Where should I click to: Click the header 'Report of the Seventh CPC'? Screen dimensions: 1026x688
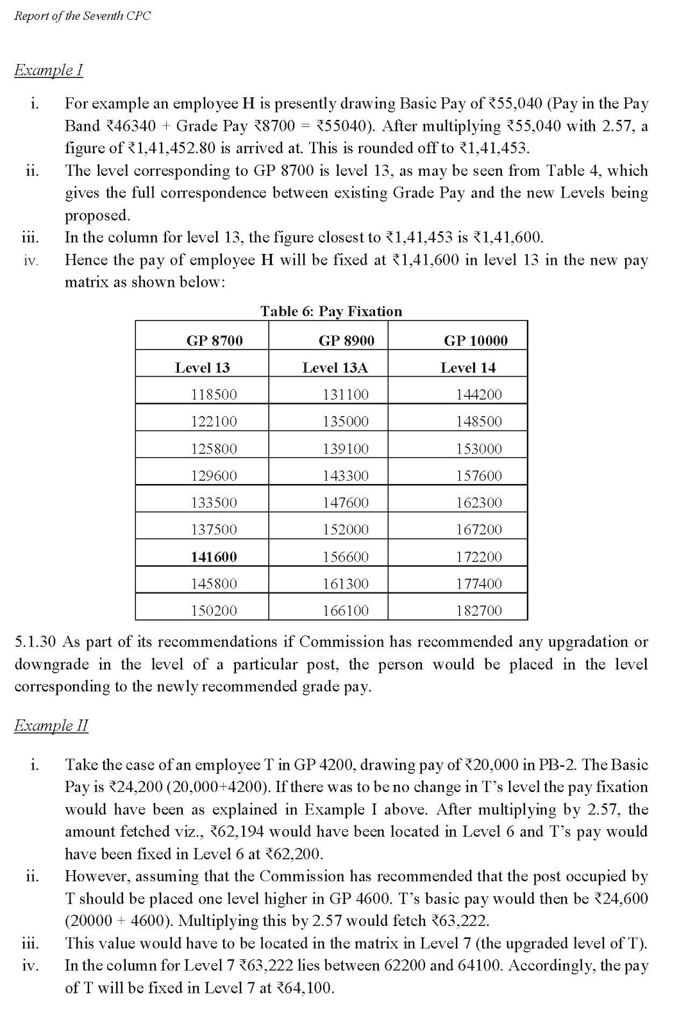(82, 16)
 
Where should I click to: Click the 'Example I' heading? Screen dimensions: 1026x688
(49, 69)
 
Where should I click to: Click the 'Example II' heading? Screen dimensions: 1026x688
(51, 725)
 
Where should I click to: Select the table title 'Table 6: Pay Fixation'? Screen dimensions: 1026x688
(331, 311)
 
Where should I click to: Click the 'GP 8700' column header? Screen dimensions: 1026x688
(214, 341)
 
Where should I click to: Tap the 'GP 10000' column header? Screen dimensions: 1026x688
(475, 341)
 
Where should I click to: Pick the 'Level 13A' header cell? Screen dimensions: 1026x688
(335, 367)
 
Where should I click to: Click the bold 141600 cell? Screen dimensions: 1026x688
(214, 557)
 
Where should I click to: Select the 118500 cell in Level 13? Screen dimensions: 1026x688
(214, 394)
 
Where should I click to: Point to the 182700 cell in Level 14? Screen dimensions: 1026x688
(478, 610)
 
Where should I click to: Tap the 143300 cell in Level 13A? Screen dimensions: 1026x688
(346, 476)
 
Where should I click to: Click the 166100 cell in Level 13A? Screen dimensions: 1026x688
(346, 610)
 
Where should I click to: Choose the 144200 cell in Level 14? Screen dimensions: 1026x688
(478, 394)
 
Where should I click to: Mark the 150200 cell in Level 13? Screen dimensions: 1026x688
(214, 610)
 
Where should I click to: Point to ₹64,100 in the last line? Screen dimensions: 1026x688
(303, 988)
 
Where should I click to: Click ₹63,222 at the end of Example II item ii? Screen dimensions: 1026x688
(459, 921)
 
